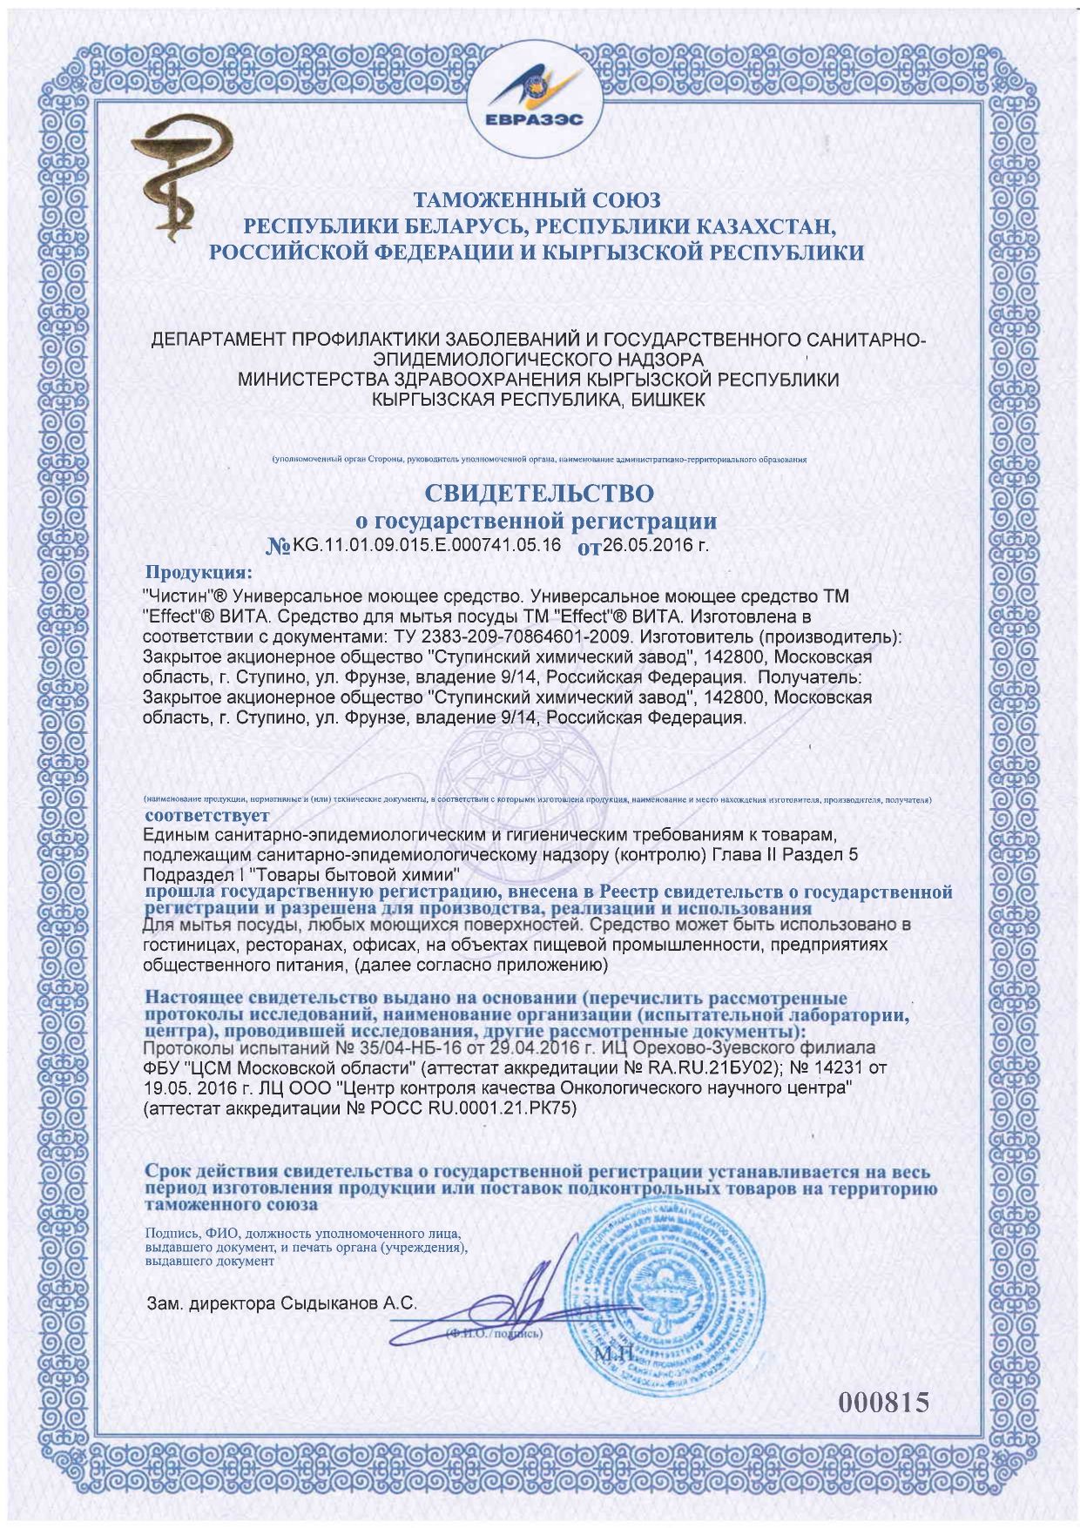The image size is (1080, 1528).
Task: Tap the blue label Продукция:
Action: pyautogui.click(x=199, y=573)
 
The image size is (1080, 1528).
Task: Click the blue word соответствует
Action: pyautogui.click(x=207, y=817)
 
